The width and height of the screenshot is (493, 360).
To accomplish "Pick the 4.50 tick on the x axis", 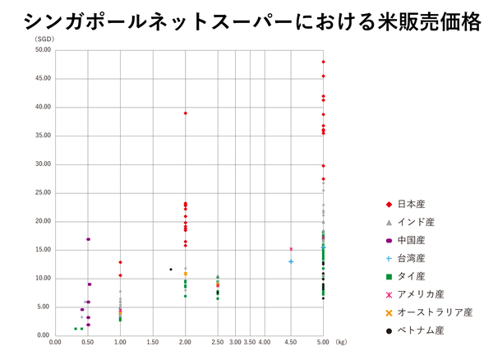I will click(x=291, y=341).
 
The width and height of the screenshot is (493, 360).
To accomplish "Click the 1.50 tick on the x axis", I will click(x=153, y=341).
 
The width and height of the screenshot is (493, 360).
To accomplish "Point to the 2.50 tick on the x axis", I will click(x=217, y=341).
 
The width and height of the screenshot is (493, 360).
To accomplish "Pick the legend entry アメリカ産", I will click(x=421, y=294).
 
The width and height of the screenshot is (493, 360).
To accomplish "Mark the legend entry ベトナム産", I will click(x=421, y=330).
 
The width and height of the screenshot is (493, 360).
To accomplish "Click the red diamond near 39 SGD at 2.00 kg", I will click(x=186, y=113).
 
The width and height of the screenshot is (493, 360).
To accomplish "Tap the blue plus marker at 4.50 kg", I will click(x=291, y=261).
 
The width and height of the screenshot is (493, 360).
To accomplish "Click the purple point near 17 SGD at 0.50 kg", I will click(x=88, y=239).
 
